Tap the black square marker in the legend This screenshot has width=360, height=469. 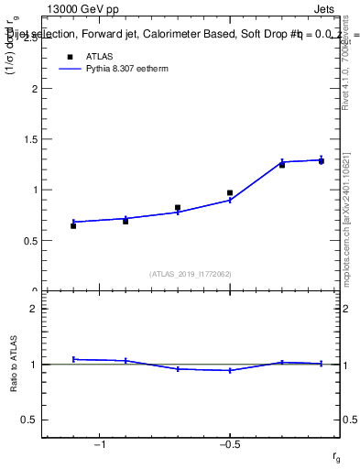tap(69, 56)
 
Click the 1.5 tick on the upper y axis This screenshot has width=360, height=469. tap(31, 140)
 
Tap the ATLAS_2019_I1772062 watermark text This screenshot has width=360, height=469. tap(191, 273)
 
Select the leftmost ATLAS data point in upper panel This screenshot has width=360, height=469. tap(73, 225)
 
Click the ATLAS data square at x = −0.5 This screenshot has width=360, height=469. tap(230, 193)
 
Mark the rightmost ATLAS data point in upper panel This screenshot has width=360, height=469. tap(321, 161)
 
